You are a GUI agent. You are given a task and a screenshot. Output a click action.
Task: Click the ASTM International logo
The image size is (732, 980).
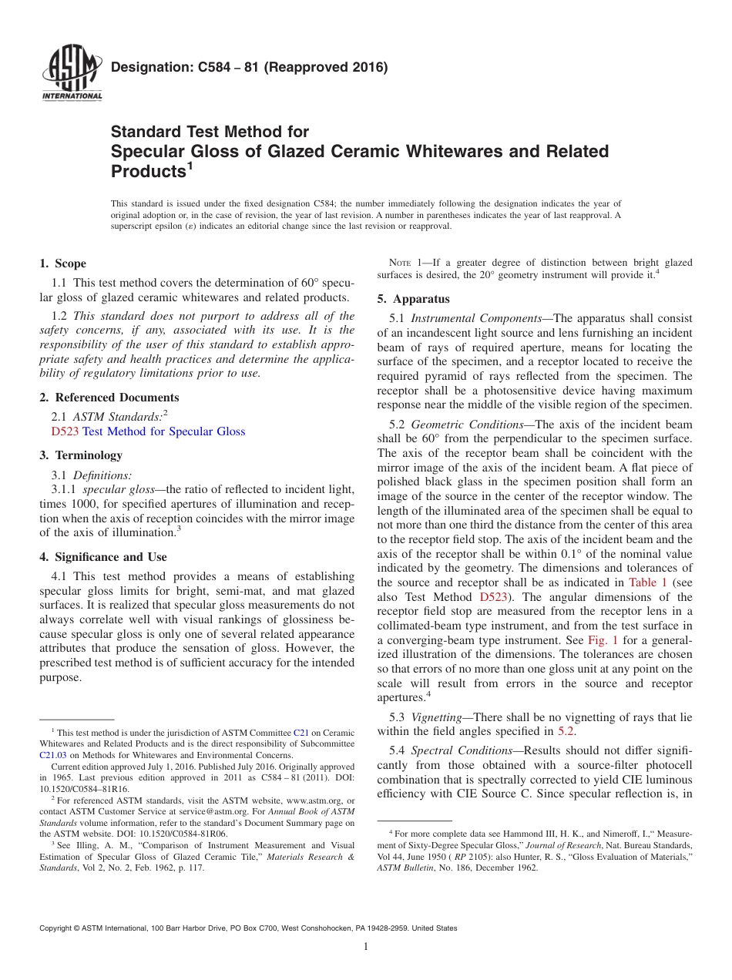click(x=71, y=76)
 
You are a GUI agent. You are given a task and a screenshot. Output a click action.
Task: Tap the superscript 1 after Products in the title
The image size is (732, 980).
click(x=190, y=166)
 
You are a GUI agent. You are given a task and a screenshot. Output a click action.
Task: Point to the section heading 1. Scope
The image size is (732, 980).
click(x=62, y=263)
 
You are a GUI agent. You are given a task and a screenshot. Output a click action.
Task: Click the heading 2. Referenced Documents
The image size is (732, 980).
click(x=109, y=398)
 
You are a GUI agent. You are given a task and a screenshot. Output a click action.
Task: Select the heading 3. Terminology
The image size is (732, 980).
click(x=81, y=455)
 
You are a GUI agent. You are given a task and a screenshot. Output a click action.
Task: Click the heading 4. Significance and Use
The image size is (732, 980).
click(x=102, y=557)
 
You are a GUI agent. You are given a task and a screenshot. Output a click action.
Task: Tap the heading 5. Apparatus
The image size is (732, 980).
click(x=413, y=299)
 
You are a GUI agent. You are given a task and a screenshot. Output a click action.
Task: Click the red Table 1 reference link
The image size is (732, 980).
click(x=648, y=582)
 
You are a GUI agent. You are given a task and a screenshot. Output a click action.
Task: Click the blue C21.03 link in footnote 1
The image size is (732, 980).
click(x=53, y=756)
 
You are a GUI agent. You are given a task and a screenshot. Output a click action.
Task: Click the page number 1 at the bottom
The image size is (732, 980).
click(x=366, y=947)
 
